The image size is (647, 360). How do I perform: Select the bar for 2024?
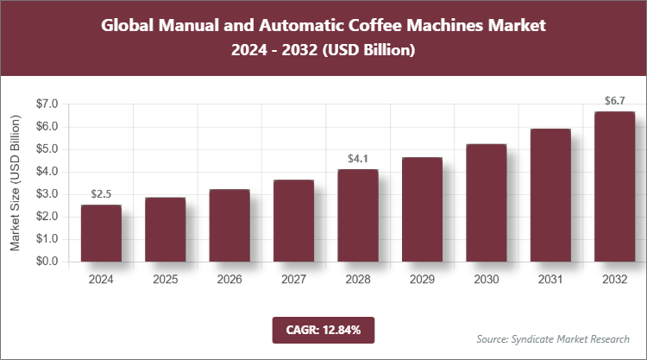[101, 233]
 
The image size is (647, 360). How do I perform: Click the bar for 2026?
[229, 225]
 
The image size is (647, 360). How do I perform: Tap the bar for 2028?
[357, 215]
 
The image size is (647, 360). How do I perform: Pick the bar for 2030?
[486, 203]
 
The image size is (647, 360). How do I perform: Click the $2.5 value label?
[101, 194]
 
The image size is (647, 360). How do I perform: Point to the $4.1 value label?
[357, 159]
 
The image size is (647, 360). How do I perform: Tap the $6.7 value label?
[613, 101]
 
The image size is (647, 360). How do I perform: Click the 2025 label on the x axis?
[165, 280]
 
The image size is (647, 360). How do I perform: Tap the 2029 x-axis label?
[421, 280]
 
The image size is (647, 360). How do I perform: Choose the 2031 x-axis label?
[550, 280]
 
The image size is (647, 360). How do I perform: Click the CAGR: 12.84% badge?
[323, 330]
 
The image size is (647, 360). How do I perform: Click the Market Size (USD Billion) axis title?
[15, 182]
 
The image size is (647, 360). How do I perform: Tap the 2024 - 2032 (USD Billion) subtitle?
[323, 51]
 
